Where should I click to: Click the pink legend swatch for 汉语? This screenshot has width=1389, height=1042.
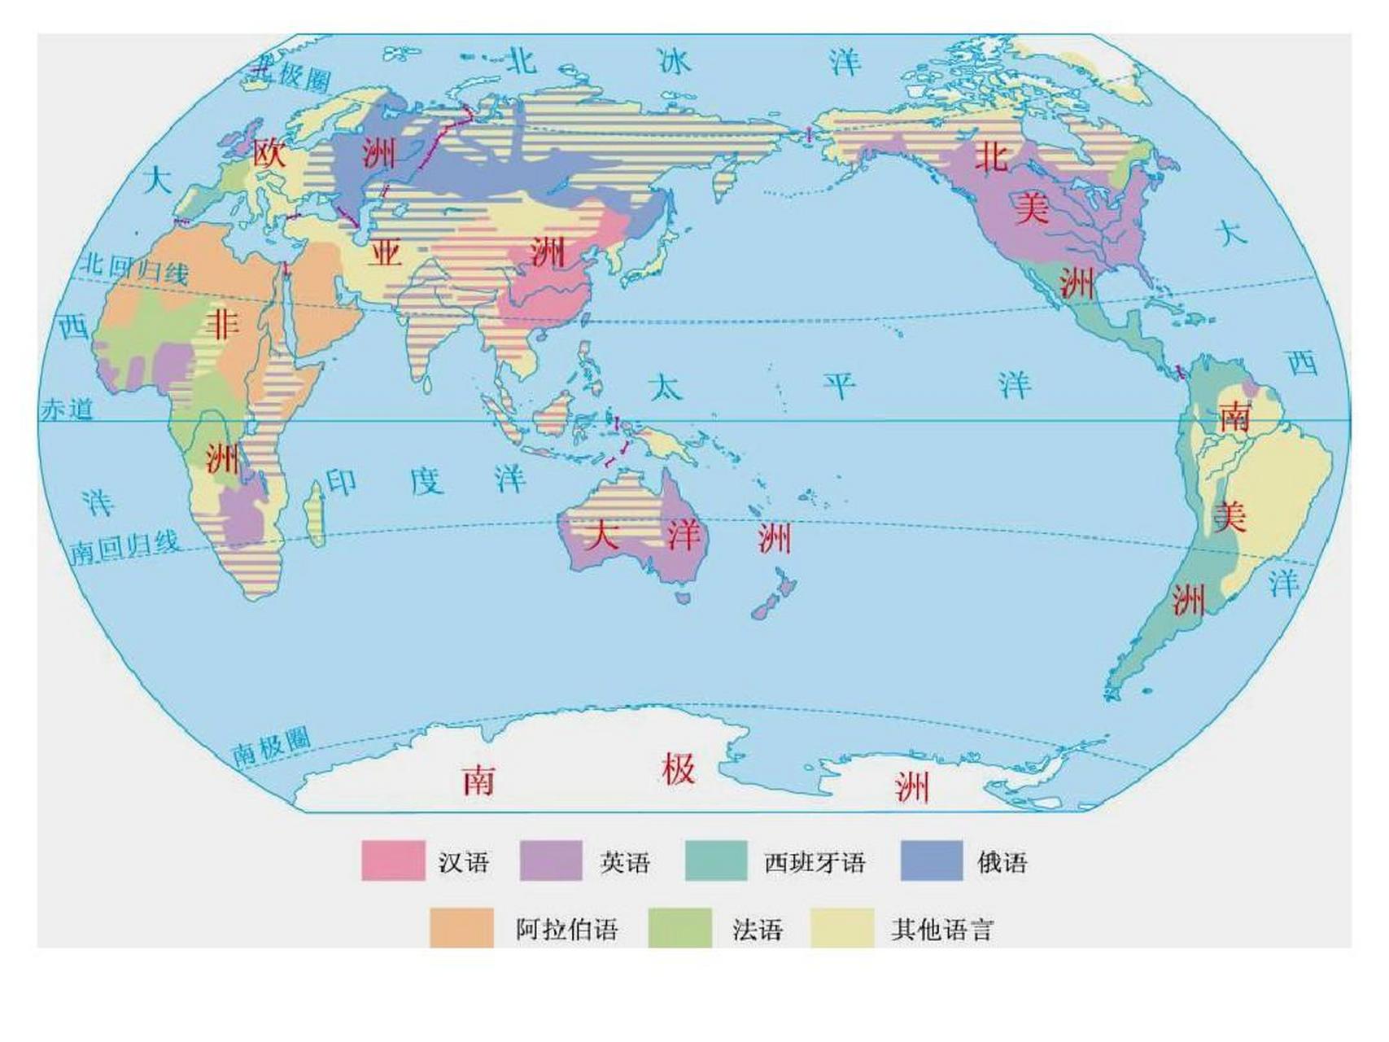(393, 860)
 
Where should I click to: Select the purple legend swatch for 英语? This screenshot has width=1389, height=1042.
(551, 860)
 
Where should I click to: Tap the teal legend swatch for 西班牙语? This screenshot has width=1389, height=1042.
(716, 860)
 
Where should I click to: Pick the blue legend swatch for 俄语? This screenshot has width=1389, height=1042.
(932, 860)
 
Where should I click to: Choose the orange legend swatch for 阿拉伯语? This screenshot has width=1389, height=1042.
(461, 927)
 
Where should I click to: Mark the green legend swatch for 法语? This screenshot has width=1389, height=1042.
(679, 927)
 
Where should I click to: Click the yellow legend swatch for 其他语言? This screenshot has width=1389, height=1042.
(842, 927)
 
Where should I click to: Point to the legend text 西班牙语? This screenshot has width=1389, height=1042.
(815, 862)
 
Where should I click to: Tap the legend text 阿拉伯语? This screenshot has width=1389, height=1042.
(567, 929)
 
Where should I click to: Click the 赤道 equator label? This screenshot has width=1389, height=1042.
(67, 409)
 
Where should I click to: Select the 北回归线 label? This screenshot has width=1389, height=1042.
(135, 268)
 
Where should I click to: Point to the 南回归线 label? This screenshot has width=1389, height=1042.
(124, 546)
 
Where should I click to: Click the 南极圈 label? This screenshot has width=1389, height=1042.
(271, 746)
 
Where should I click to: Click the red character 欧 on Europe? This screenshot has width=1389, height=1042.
(269, 152)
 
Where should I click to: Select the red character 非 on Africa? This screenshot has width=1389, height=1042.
(222, 323)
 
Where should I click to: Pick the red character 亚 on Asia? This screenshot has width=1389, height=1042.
(385, 252)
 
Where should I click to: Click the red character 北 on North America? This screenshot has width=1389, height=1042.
(991, 155)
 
